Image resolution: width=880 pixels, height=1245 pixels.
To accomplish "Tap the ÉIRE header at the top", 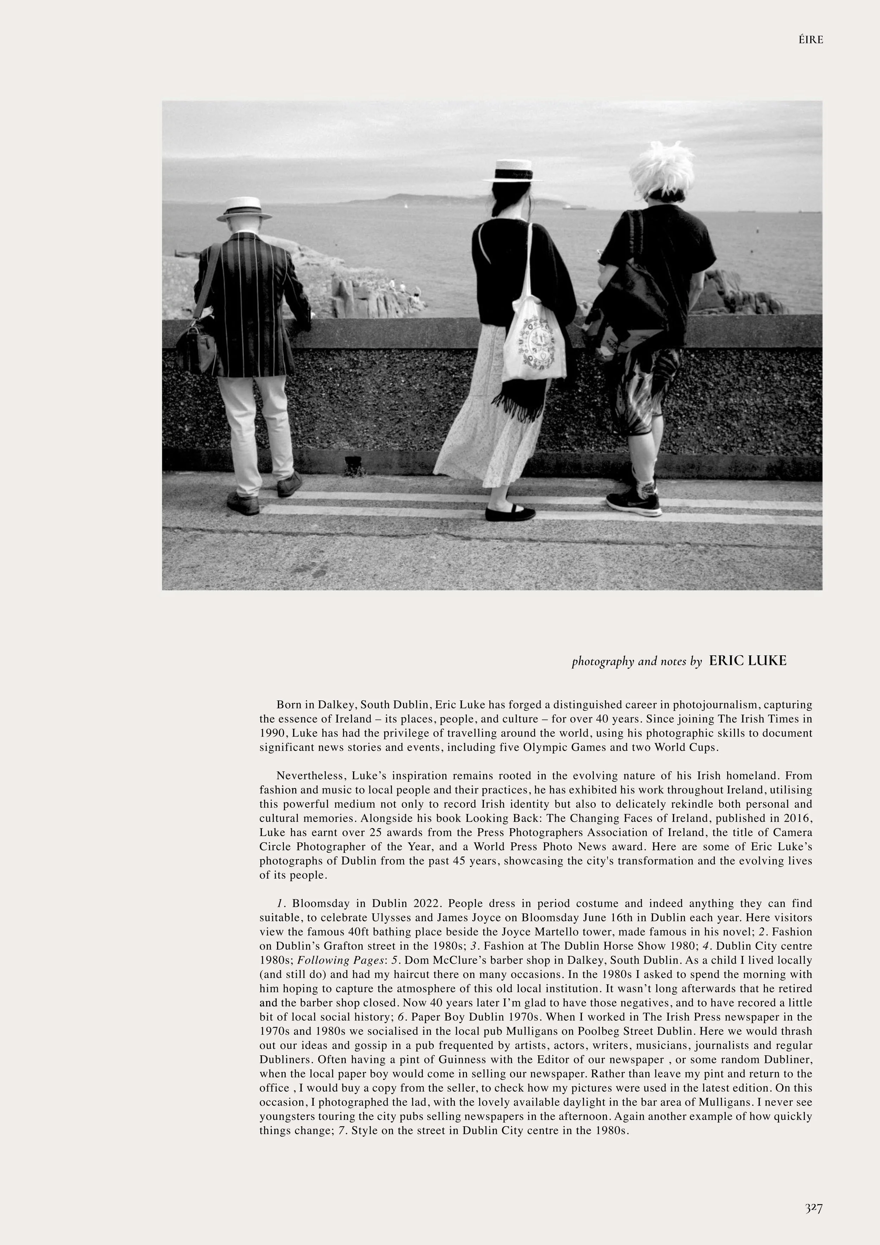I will [811, 39].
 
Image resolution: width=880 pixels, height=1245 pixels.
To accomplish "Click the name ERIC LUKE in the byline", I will [747, 661].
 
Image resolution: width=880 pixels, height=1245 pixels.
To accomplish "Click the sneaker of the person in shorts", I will [633, 503].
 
